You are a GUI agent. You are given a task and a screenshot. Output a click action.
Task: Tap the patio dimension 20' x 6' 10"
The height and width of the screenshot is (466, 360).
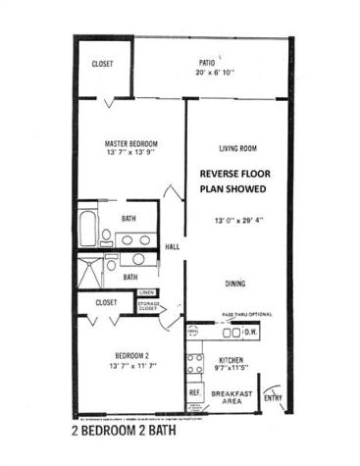213,73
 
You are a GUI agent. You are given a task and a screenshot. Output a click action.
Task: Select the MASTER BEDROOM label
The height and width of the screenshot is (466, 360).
131,143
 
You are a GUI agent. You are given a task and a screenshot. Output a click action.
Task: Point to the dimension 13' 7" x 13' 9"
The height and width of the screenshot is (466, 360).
131,154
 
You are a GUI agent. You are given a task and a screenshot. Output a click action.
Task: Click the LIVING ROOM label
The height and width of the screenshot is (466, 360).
237,149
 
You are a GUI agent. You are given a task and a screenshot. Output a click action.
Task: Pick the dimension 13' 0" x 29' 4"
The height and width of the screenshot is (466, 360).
237,220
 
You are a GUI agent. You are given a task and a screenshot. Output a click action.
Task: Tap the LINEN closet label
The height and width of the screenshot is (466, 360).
146,292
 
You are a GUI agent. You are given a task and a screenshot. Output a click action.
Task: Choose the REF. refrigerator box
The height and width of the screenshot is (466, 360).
194,392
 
